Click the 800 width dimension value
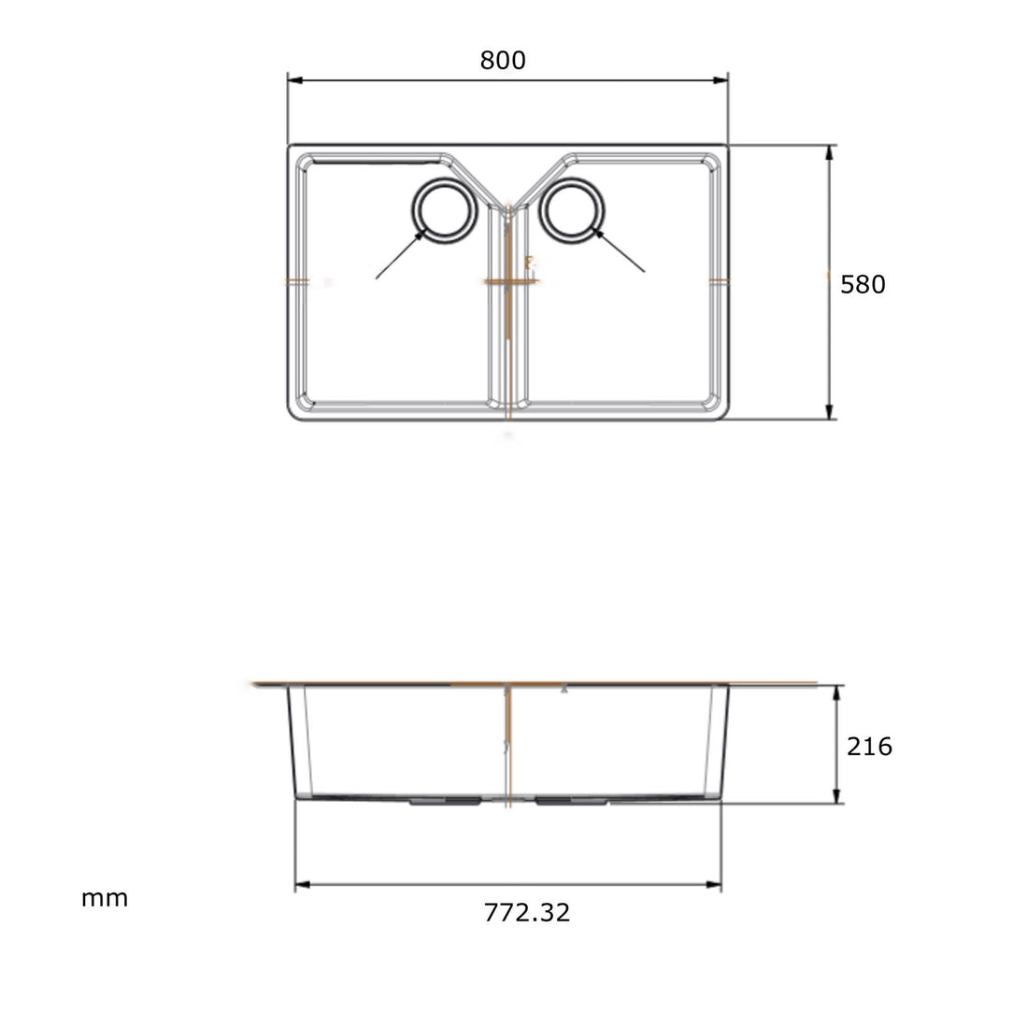click(503, 61)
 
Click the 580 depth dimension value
click(862, 284)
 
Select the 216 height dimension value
click(869, 746)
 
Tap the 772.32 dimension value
click(527, 912)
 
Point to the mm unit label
click(105, 899)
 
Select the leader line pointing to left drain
click(397, 255)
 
